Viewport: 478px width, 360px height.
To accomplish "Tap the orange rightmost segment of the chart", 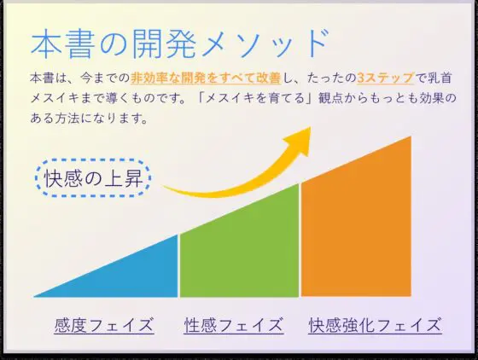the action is pos(356,223).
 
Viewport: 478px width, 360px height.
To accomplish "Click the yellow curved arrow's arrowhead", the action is pos(299,141).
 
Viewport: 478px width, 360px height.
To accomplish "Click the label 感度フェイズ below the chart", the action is pos(104,325).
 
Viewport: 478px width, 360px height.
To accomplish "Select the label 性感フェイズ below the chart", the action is pos(234,325).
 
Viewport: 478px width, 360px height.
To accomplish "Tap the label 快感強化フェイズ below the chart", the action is pos(375,325).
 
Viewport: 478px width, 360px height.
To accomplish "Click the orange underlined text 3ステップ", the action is pos(386,78).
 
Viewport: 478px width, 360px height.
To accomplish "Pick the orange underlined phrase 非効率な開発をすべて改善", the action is pos(206,78).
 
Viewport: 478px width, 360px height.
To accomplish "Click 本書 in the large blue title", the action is pos(62,44).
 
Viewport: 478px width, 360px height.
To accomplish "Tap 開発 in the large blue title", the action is pos(164,44).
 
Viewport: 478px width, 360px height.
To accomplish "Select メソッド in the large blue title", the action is pos(265,44).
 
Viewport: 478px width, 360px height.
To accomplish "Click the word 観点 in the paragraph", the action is pos(330,98).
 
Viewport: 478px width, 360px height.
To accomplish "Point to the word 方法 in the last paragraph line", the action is pos(67,119).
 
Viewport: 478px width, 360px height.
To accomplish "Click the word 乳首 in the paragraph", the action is pos(440,78).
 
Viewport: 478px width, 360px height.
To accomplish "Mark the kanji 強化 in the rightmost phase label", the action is pos(358,325).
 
